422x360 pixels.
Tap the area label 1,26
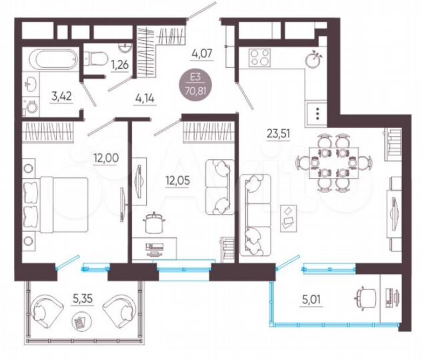(119, 65)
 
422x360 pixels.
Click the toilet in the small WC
(95, 59)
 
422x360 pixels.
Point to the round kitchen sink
(313, 60)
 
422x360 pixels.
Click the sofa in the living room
(255, 215)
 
